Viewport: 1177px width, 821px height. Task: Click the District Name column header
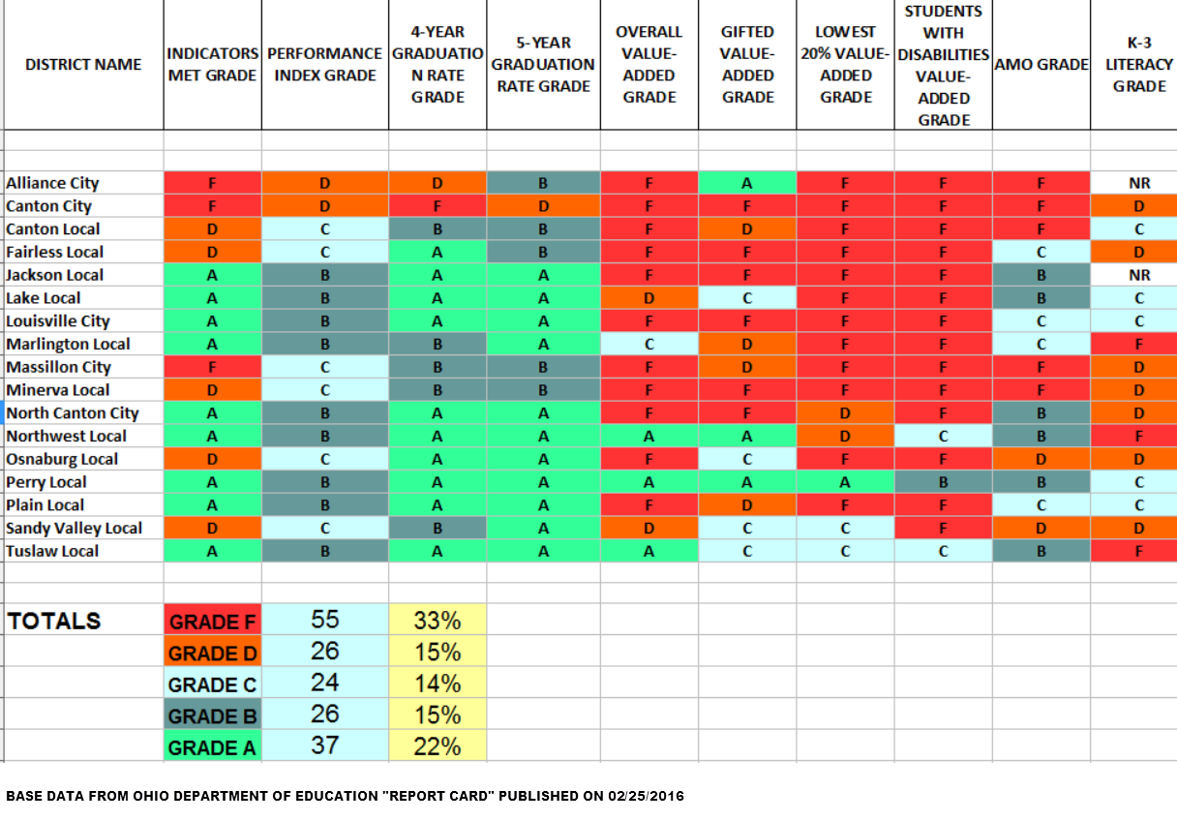coord(83,65)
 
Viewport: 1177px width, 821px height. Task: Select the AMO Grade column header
coord(1041,65)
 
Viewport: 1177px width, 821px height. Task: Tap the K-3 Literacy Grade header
coord(1139,65)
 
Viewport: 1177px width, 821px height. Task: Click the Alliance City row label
coord(52,183)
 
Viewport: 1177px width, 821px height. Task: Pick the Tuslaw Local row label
coord(52,551)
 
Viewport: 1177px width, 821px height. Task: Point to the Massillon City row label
coord(58,367)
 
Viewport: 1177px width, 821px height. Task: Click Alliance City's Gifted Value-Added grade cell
coord(747,183)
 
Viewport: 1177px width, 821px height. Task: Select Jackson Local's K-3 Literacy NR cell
coord(1139,275)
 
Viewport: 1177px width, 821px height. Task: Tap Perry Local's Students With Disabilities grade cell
coord(943,482)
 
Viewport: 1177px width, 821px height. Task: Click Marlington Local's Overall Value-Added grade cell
coord(649,344)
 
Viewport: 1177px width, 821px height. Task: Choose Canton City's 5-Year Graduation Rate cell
coord(543,206)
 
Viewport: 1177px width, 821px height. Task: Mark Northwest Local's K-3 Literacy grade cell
coord(1139,436)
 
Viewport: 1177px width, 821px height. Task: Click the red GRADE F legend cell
coord(212,622)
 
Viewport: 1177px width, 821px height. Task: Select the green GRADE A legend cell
coord(212,747)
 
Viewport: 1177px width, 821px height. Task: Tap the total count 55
coord(325,621)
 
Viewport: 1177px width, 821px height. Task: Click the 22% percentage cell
coord(438,747)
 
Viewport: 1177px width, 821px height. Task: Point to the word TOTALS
coord(54,622)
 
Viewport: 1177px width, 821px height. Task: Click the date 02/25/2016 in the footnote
coord(647,796)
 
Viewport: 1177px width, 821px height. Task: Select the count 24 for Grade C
coord(325,684)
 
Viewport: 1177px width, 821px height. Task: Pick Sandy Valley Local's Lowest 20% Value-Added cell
coord(845,528)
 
